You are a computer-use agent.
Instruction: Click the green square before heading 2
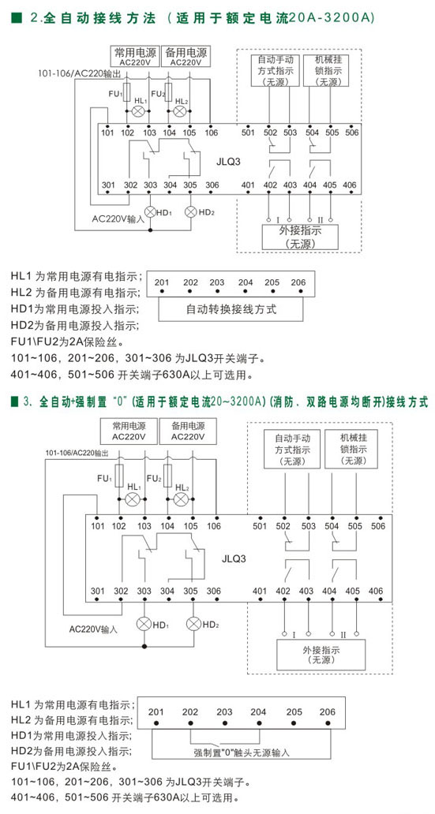tap(16, 18)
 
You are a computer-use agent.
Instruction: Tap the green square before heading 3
tap(16, 401)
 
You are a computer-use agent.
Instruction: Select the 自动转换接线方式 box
tap(231, 310)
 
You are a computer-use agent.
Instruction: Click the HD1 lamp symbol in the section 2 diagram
tap(150, 212)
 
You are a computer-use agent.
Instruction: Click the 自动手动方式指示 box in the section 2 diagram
tap(275, 70)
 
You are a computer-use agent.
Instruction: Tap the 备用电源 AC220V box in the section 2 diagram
tap(186, 57)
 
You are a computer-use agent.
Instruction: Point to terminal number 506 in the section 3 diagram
tap(378, 526)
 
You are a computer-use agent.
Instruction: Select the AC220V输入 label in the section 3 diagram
tap(94, 629)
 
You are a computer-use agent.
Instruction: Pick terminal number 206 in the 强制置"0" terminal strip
tap(328, 711)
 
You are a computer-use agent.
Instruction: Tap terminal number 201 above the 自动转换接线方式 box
tap(162, 282)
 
